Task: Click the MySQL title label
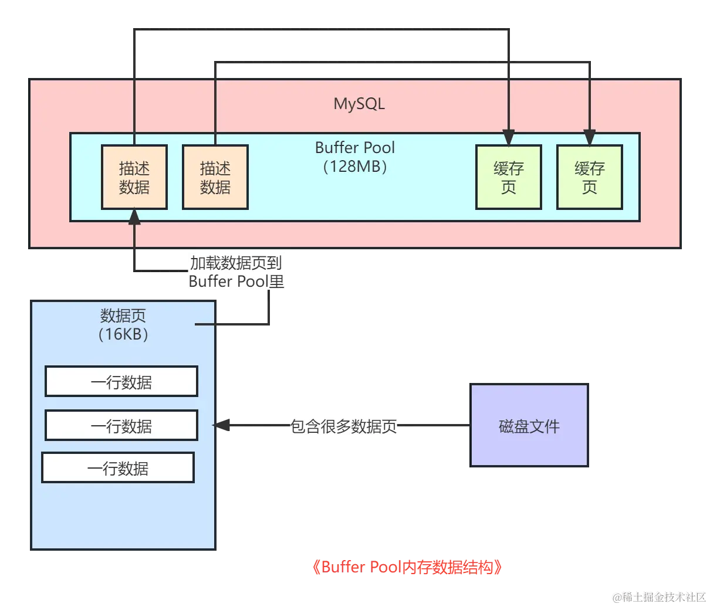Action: coord(359,104)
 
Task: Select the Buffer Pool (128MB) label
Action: coord(355,157)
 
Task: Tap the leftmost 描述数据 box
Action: coord(134,177)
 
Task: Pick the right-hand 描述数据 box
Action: coord(215,177)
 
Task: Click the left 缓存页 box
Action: coord(508,177)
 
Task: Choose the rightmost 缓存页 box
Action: coord(589,177)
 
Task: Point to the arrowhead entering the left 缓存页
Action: coord(508,137)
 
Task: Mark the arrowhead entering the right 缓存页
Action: coord(589,137)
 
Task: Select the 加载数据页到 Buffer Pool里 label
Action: coord(236,272)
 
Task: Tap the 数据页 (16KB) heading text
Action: coord(123,325)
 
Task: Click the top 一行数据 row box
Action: coord(121,382)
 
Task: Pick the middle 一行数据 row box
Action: coord(121,426)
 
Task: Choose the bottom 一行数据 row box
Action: coord(118,468)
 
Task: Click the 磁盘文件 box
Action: coord(529,426)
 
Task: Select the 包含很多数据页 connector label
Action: coord(344,426)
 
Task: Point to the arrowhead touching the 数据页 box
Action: coord(222,426)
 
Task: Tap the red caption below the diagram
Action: coord(406,567)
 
